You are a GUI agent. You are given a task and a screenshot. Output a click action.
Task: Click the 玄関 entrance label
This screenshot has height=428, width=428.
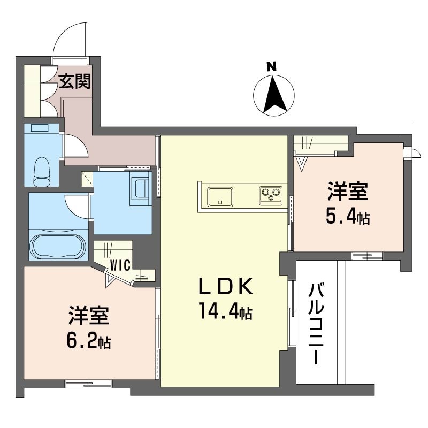(x=75, y=81)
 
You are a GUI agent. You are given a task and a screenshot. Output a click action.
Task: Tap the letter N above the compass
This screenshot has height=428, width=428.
(x=271, y=66)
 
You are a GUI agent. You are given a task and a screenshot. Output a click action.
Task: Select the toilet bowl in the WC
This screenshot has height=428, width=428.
(x=42, y=171)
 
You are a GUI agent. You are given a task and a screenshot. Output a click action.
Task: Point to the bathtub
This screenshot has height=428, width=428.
(x=58, y=247)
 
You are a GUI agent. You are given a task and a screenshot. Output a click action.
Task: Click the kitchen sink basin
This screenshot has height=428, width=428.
(x=220, y=197)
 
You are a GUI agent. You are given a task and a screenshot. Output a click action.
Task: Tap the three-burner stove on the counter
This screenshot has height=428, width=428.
(x=271, y=195)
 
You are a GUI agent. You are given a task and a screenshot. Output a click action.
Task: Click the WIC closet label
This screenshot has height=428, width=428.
(x=121, y=265)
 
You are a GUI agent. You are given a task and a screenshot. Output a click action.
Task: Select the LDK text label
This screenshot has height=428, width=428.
(x=226, y=286)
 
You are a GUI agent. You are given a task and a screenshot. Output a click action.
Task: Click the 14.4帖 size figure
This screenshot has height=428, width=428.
(x=226, y=311)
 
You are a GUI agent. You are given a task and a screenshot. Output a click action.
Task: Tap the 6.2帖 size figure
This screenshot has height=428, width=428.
(x=89, y=341)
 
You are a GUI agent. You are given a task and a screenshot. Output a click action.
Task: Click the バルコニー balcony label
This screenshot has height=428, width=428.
(x=316, y=324)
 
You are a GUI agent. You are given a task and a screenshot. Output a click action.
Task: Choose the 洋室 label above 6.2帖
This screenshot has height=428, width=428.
(x=89, y=316)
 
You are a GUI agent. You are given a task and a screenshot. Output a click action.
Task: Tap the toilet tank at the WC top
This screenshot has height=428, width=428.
(x=40, y=128)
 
